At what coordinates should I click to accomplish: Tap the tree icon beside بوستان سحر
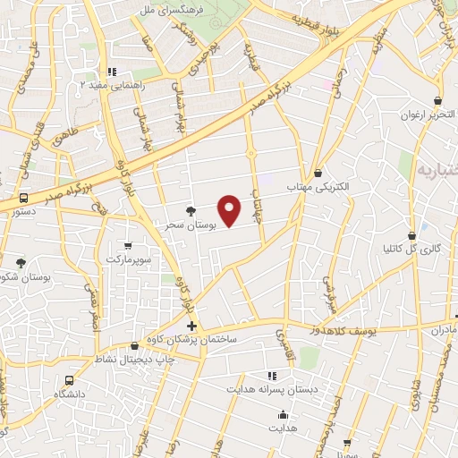(191, 212)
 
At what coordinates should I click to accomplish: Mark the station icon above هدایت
(283, 414)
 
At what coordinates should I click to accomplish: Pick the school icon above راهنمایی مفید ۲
(111, 72)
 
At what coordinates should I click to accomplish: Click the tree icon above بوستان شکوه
(21, 263)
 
